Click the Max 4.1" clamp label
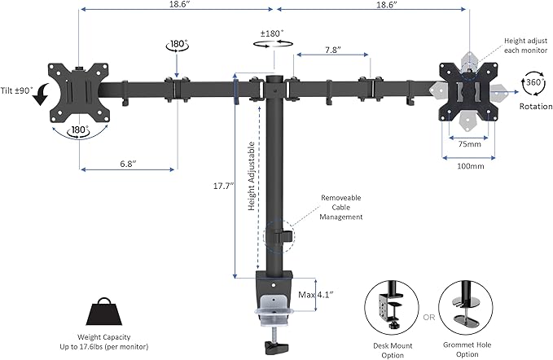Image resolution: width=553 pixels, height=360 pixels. (x=316, y=294)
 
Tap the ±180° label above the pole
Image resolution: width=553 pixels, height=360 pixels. (x=274, y=35)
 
